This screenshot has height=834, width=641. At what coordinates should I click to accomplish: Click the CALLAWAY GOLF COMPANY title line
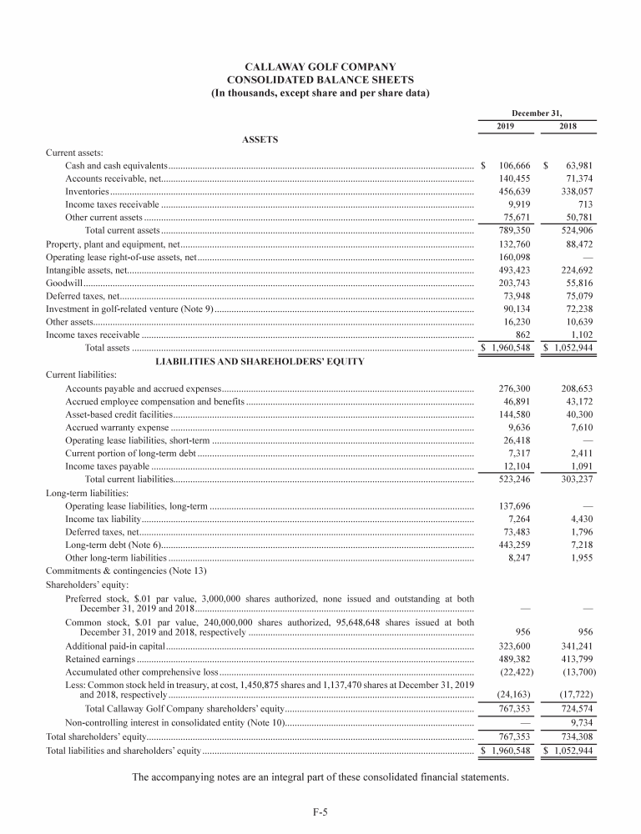[x=320, y=66]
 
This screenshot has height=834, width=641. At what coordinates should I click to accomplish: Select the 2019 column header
[x=506, y=127]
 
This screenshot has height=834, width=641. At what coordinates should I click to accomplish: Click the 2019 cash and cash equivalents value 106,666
[x=513, y=167]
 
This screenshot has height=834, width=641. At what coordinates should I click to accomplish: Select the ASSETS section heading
[x=260, y=138]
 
